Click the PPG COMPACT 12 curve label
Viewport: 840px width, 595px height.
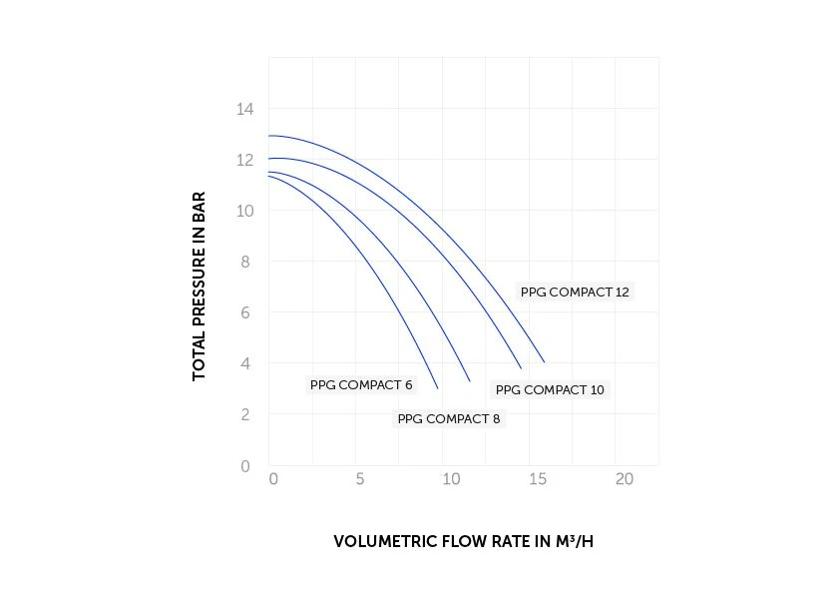(576, 292)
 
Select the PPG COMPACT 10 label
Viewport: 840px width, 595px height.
(550, 389)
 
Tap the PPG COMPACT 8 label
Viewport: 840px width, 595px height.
(449, 418)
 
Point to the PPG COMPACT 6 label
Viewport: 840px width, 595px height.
(361, 384)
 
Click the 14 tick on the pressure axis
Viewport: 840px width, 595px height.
(245, 108)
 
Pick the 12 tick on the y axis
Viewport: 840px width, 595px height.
(245, 160)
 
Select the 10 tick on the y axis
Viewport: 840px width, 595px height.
(245, 211)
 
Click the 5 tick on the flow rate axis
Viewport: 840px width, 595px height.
(360, 479)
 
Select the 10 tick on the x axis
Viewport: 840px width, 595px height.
(449, 479)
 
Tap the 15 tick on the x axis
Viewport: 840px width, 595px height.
(537, 479)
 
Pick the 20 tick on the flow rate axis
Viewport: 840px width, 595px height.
(625, 479)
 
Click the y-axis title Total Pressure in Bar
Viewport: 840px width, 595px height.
(199, 286)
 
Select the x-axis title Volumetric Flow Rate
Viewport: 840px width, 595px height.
(469, 542)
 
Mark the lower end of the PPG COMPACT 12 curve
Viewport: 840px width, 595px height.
(544, 361)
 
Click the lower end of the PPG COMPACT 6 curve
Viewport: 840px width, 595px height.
(438, 387)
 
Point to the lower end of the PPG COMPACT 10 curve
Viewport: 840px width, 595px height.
(521, 368)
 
